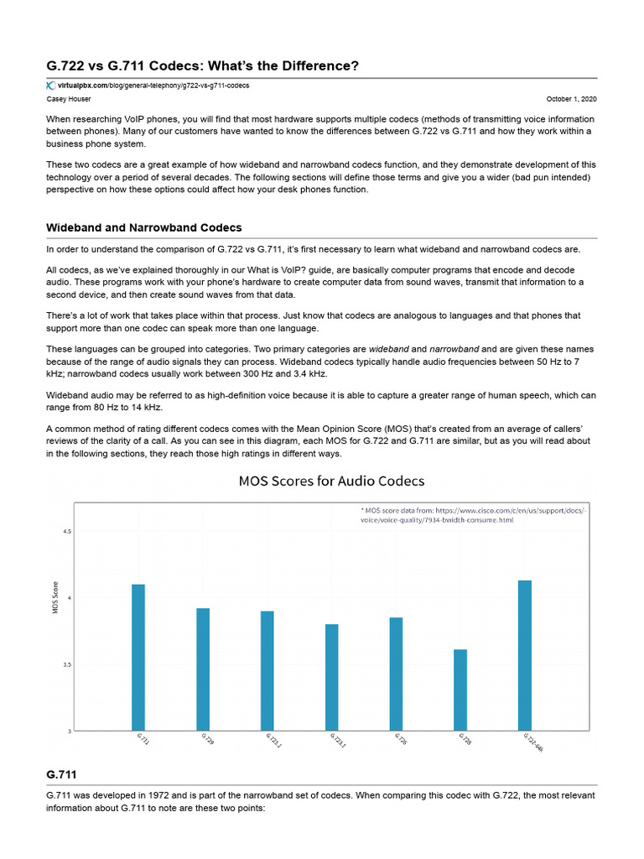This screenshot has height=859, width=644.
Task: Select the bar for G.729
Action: coord(203,669)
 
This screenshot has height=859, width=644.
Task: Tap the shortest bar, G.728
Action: coord(460,690)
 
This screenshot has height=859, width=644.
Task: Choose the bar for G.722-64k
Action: coord(525,655)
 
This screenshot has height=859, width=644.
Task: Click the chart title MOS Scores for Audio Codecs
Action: coord(331,481)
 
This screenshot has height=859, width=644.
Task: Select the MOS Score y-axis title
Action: coord(55,597)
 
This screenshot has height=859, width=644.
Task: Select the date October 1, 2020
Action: coord(571,98)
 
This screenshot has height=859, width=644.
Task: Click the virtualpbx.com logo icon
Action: coord(50,86)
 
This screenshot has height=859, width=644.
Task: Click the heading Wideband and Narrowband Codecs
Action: coord(144,228)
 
